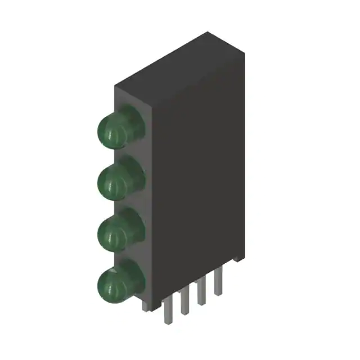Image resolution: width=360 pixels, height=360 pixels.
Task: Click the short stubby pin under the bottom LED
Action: pyautogui.click(x=145, y=304)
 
